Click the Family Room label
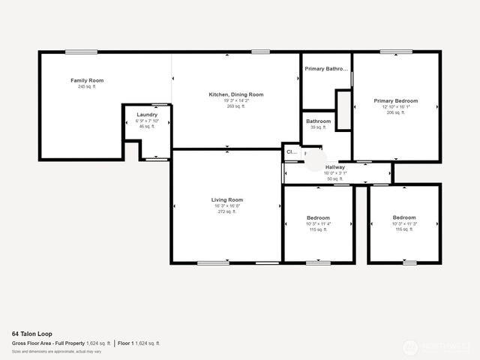pyautogui.click(x=87, y=80)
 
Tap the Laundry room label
pyautogui.click(x=147, y=115)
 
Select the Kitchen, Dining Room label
pyautogui.click(x=236, y=94)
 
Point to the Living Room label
pyautogui.click(x=227, y=199)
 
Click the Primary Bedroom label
pyautogui.click(x=396, y=100)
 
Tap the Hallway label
pyautogui.click(x=335, y=167)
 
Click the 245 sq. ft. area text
pyautogui.click(x=87, y=87)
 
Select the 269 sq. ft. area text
pyautogui.click(x=236, y=106)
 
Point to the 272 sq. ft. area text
pyautogui.click(x=227, y=211)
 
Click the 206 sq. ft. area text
pyautogui.click(x=396, y=112)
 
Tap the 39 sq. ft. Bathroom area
pyautogui.click(x=318, y=127)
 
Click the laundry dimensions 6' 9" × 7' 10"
pyautogui.click(x=147, y=121)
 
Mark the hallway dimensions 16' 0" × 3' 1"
pyautogui.click(x=335, y=173)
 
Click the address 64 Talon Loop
pyautogui.click(x=31, y=334)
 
